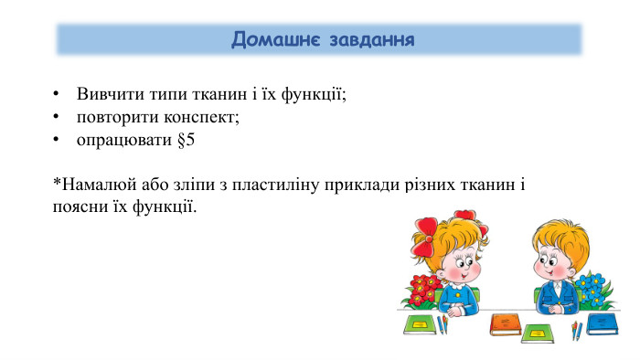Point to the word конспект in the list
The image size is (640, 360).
pyautogui.click(x=200, y=118)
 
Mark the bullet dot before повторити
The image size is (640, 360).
pyautogui.click(x=57, y=118)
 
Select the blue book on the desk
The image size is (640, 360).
pyautogui.click(x=602, y=323)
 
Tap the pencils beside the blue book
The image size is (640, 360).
pyautogui.click(x=576, y=329)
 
